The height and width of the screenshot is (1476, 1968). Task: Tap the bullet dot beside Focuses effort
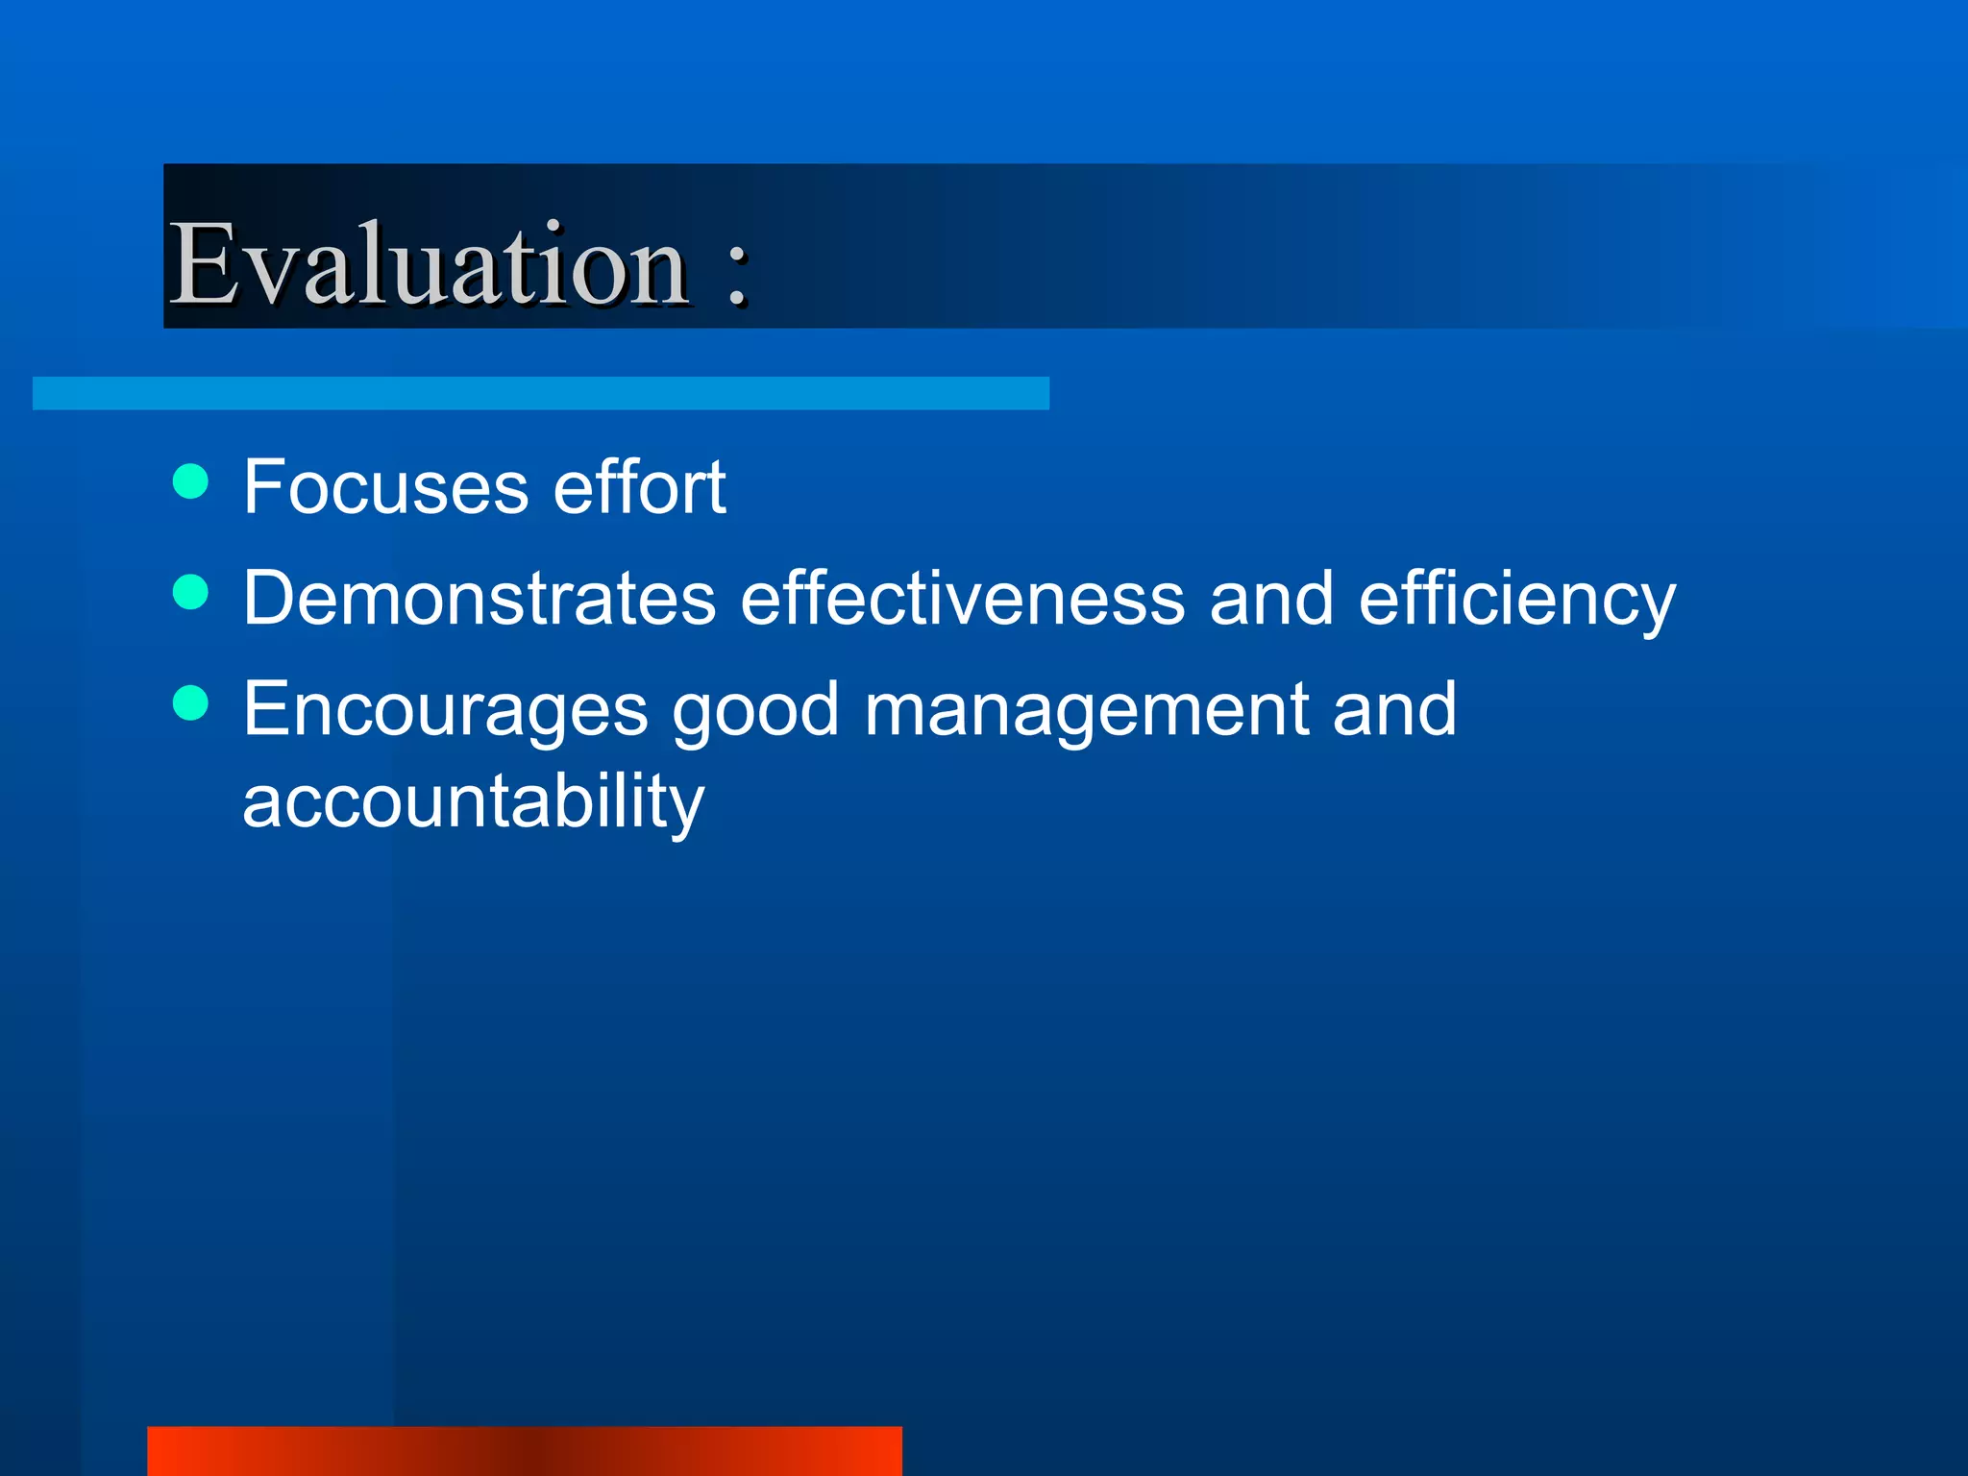click(x=191, y=481)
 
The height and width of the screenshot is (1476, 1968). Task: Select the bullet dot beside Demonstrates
click(x=191, y=592)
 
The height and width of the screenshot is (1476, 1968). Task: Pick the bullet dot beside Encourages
click(x=191, y=702)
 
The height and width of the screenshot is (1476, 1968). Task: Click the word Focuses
click(x=385, y=487)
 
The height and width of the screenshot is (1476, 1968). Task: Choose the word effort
click(x=639, y=487)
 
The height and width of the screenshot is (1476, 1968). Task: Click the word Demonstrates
click(x=480, y=599)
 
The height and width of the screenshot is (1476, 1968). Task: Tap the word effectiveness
click(x=963, y=599)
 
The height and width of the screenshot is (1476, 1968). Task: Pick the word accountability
click(x=473, y=802)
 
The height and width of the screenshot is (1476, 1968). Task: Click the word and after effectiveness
click(x=1271, y=599)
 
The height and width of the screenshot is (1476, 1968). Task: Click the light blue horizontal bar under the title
click(x=540, y=393)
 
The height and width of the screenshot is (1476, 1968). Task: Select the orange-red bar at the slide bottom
click(x=524, y=1451)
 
